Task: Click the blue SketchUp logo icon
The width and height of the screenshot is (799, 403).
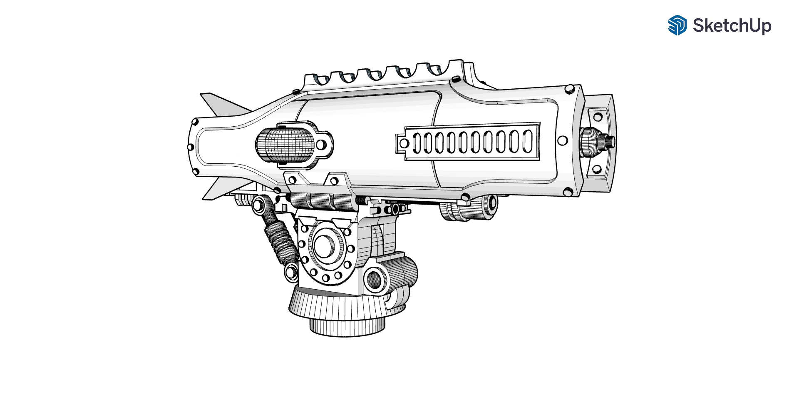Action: [x=677, y=25]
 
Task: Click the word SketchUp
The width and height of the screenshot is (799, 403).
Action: [x=732, y=25]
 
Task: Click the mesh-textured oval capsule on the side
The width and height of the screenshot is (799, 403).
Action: [x=285, y=145]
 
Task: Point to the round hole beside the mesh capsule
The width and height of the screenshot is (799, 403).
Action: [x=321, y=145]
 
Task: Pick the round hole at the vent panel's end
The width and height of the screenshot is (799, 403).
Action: [x=404, y=143]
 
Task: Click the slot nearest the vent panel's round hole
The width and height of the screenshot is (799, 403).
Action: [x=417, y=143]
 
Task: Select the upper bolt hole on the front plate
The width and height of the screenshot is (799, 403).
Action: [x=598, y=117]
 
